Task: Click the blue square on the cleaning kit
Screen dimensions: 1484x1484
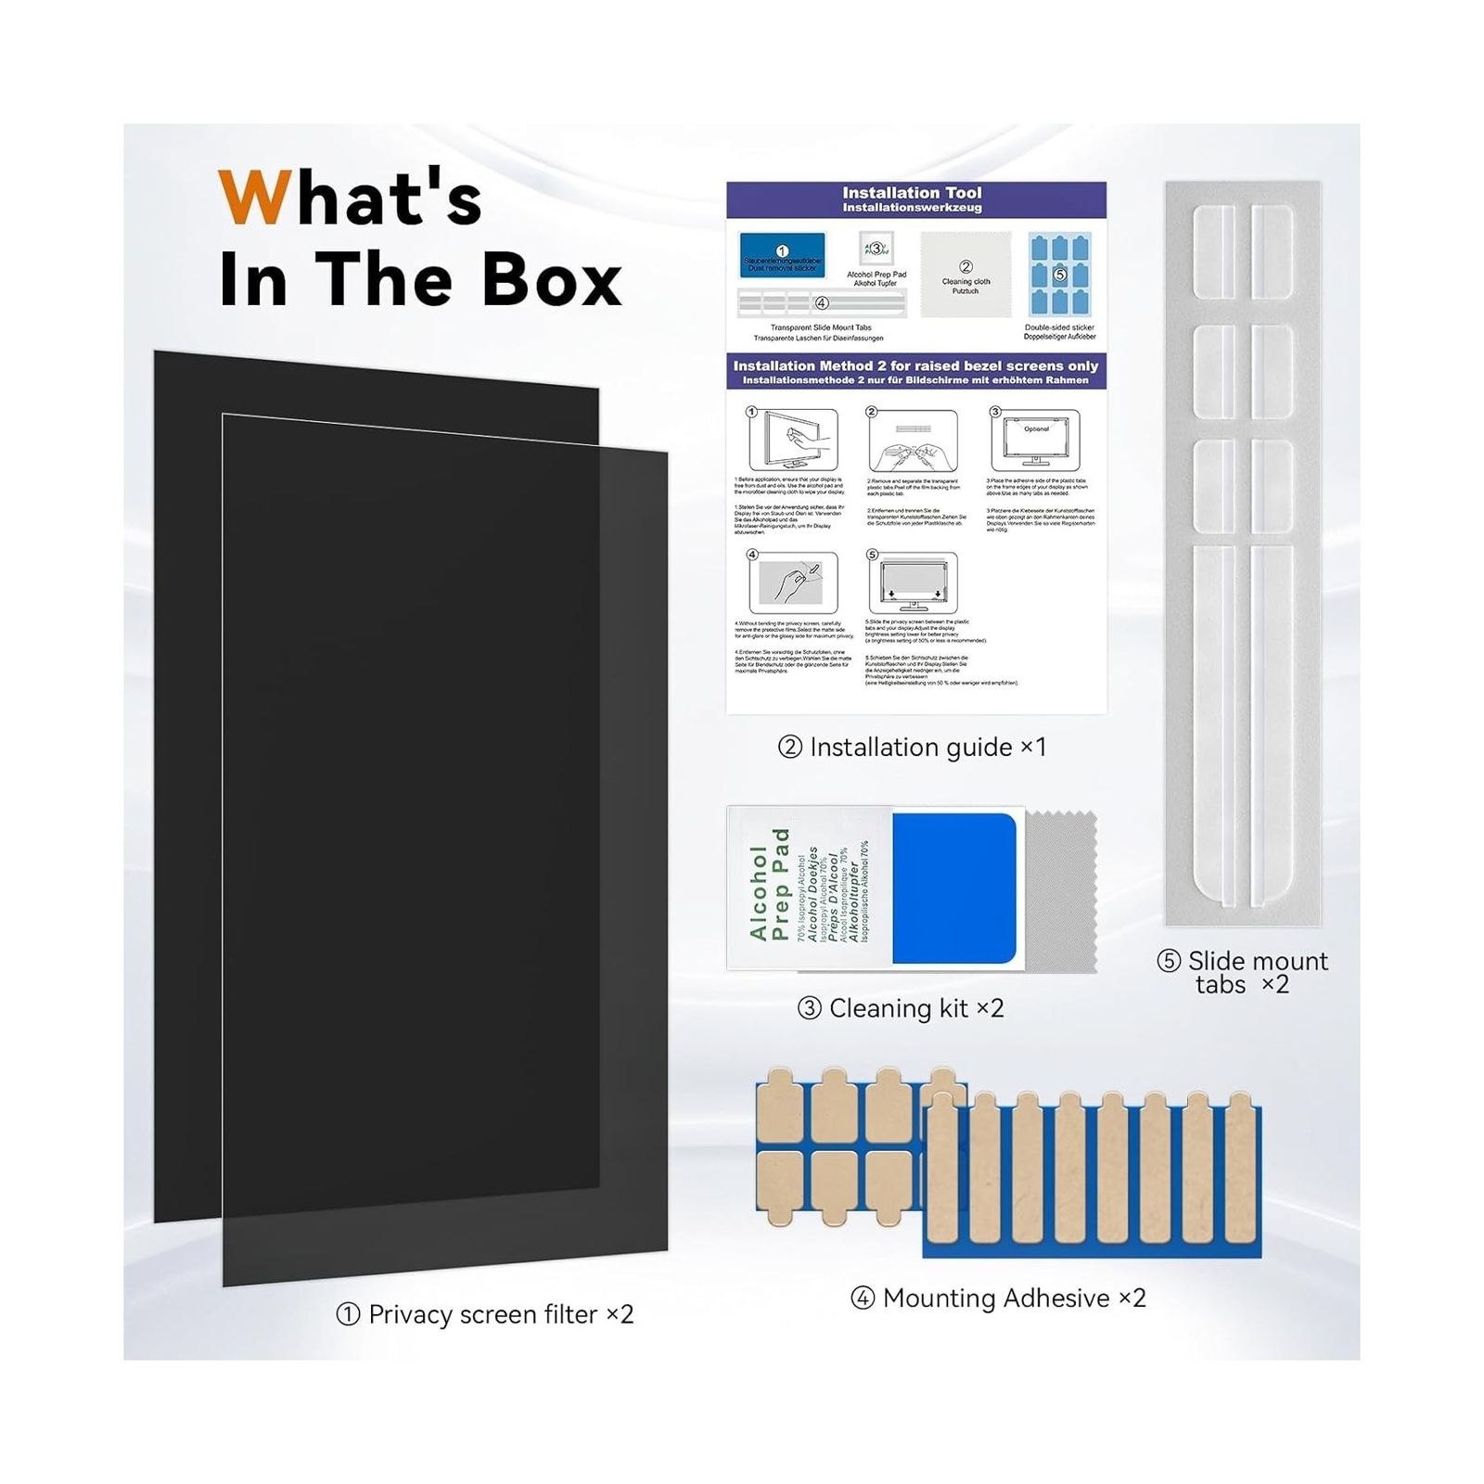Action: pos(953,889)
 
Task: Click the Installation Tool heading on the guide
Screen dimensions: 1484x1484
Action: pos(912,194)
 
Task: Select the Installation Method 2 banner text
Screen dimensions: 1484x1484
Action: pos(915,366)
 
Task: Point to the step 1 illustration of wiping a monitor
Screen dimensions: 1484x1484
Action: pos(793,440)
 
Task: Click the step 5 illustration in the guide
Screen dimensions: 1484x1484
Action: pos(913,582)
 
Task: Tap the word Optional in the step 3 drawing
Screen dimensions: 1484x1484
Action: pos(1036,429)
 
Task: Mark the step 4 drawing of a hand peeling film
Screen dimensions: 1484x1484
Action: pos(793,582)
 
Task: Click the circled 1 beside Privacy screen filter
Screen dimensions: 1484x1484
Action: pos(348,1314)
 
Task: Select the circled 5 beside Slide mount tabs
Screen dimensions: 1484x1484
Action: pos(1169,961)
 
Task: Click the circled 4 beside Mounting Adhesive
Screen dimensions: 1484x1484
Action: pos(863,1298)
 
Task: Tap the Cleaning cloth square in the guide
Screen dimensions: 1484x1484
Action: pos(966,275)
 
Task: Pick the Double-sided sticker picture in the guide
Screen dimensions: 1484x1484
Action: pos(1059,275)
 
